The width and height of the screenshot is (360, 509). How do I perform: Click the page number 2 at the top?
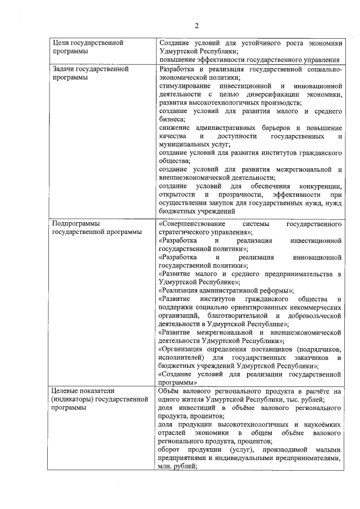pos(197,25)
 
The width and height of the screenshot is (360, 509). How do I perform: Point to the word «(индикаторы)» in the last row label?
pos(72,399)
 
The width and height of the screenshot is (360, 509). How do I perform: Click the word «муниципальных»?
pos(184,145)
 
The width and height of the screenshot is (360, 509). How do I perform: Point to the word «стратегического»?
pos(186,232)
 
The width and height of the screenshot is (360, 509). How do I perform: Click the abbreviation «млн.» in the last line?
pos(166,466)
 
